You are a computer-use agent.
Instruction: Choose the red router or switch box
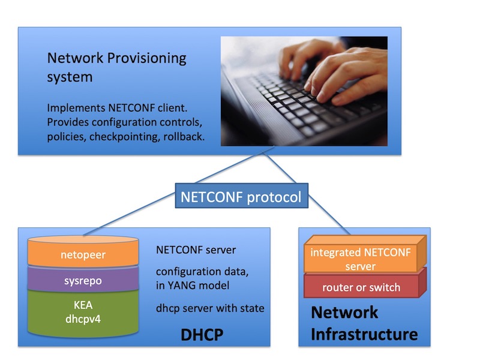pyautogui.click(x=361, y=287)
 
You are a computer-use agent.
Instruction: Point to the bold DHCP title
pyautogui.click(x=202, y=335)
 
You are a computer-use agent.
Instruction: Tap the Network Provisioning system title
pyautogui.click(x=117, y=67)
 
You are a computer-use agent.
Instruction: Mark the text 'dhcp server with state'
pyautogui.click(x=210, y=308)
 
